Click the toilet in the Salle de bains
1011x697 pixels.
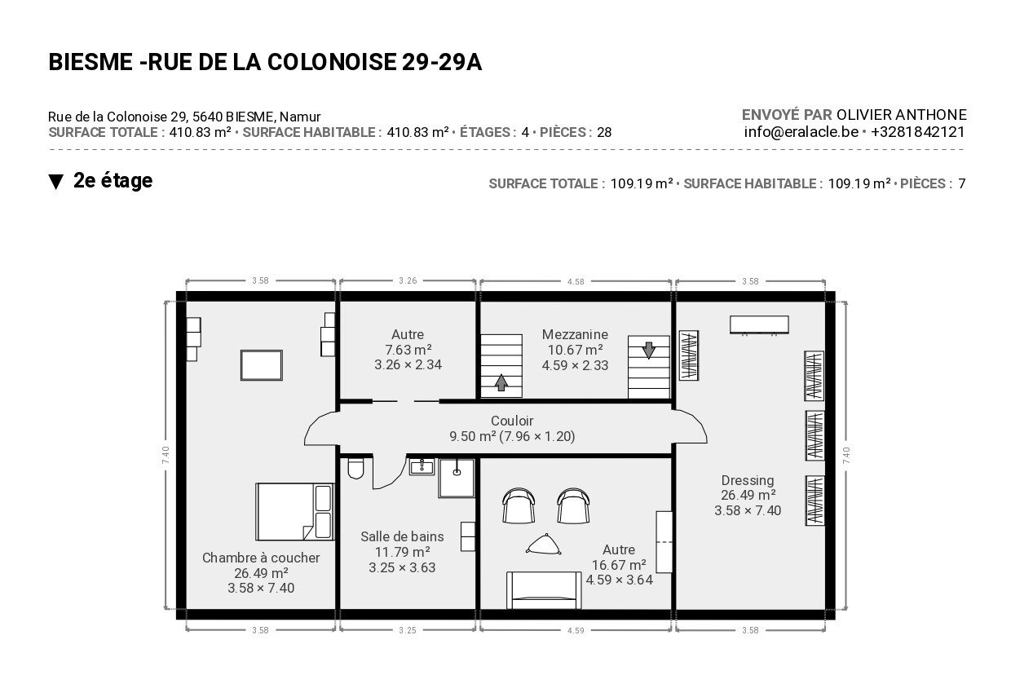click(x=355, y=468)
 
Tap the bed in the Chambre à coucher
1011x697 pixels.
click(x=294, y=512)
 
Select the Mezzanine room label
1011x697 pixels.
click(x=575, y=335)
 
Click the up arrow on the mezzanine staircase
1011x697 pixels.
click(x=501, y=382)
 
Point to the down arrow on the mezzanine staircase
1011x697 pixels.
click(x=648, y=350)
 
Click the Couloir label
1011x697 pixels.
click(x=512, y=421)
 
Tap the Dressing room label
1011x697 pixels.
click(x=748, y=480)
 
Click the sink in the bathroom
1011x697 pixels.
click(x=422, y=467)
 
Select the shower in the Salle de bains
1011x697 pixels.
click(x=457, y=479)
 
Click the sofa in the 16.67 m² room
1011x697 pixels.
click(x=543, y=590)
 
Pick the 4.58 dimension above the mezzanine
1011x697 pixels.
click(x=576, y=282)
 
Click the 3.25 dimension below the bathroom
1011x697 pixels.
click(x=407, y=630)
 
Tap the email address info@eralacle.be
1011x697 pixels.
click(x=801, y=132)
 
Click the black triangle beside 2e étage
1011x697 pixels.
click(x=56, y=182)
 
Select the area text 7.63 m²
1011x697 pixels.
click(x=408, y=350)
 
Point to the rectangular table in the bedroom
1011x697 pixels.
click(x=262, y=365)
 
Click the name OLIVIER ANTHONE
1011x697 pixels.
click(x=901, y=115)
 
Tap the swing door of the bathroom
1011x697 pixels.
click(x=389, y=473)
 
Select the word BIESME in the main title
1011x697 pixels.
click(x=91, y=62)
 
